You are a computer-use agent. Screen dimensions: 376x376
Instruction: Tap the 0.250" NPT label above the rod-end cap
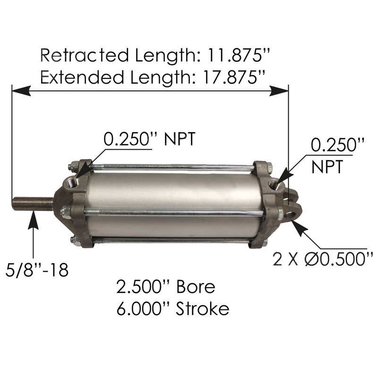tap(149, 139)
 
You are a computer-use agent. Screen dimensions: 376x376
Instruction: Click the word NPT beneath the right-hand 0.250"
tap(328, 166)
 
